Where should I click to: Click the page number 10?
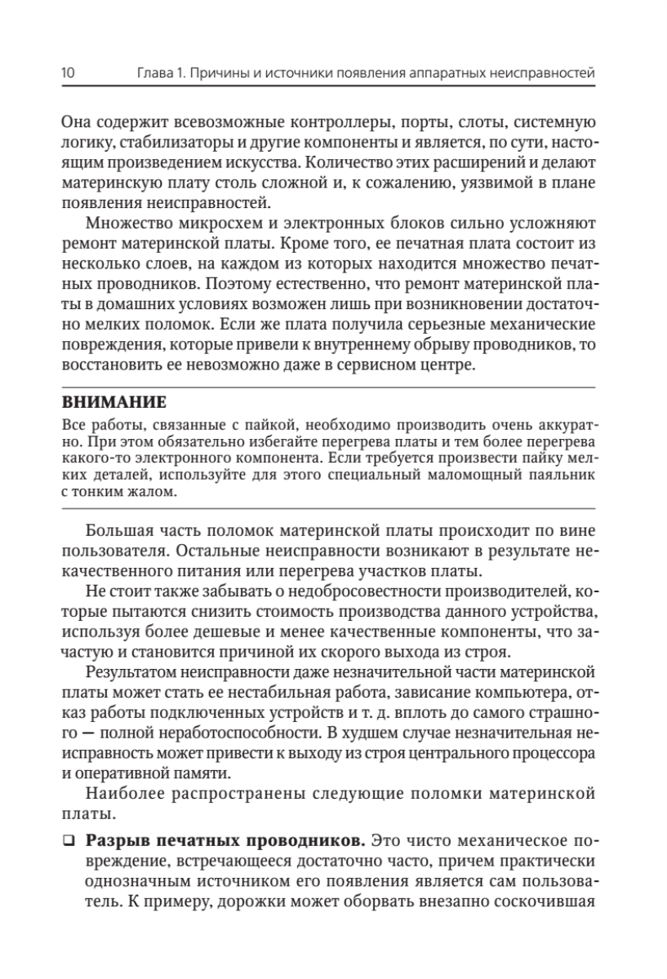coord(69,74)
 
